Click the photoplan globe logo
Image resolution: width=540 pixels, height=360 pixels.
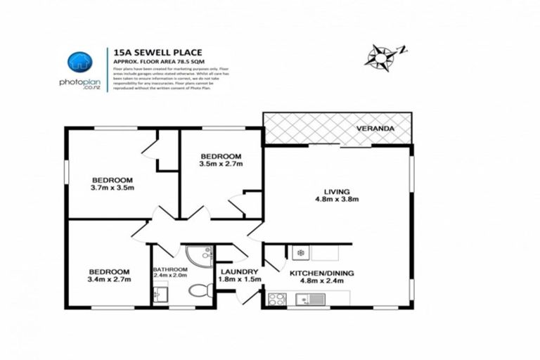[79, 63]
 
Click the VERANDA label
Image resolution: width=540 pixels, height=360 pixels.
[375, 130]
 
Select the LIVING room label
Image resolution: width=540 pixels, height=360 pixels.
[337, 191]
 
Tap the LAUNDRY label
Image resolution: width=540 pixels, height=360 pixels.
[238, 272]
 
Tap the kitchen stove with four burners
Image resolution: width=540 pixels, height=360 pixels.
[276, 299]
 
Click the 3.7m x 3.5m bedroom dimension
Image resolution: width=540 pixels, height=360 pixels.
[112, 188]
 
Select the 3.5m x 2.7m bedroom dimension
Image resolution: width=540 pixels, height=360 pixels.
[221, 165]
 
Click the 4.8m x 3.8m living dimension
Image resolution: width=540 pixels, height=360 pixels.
[337, 199]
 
